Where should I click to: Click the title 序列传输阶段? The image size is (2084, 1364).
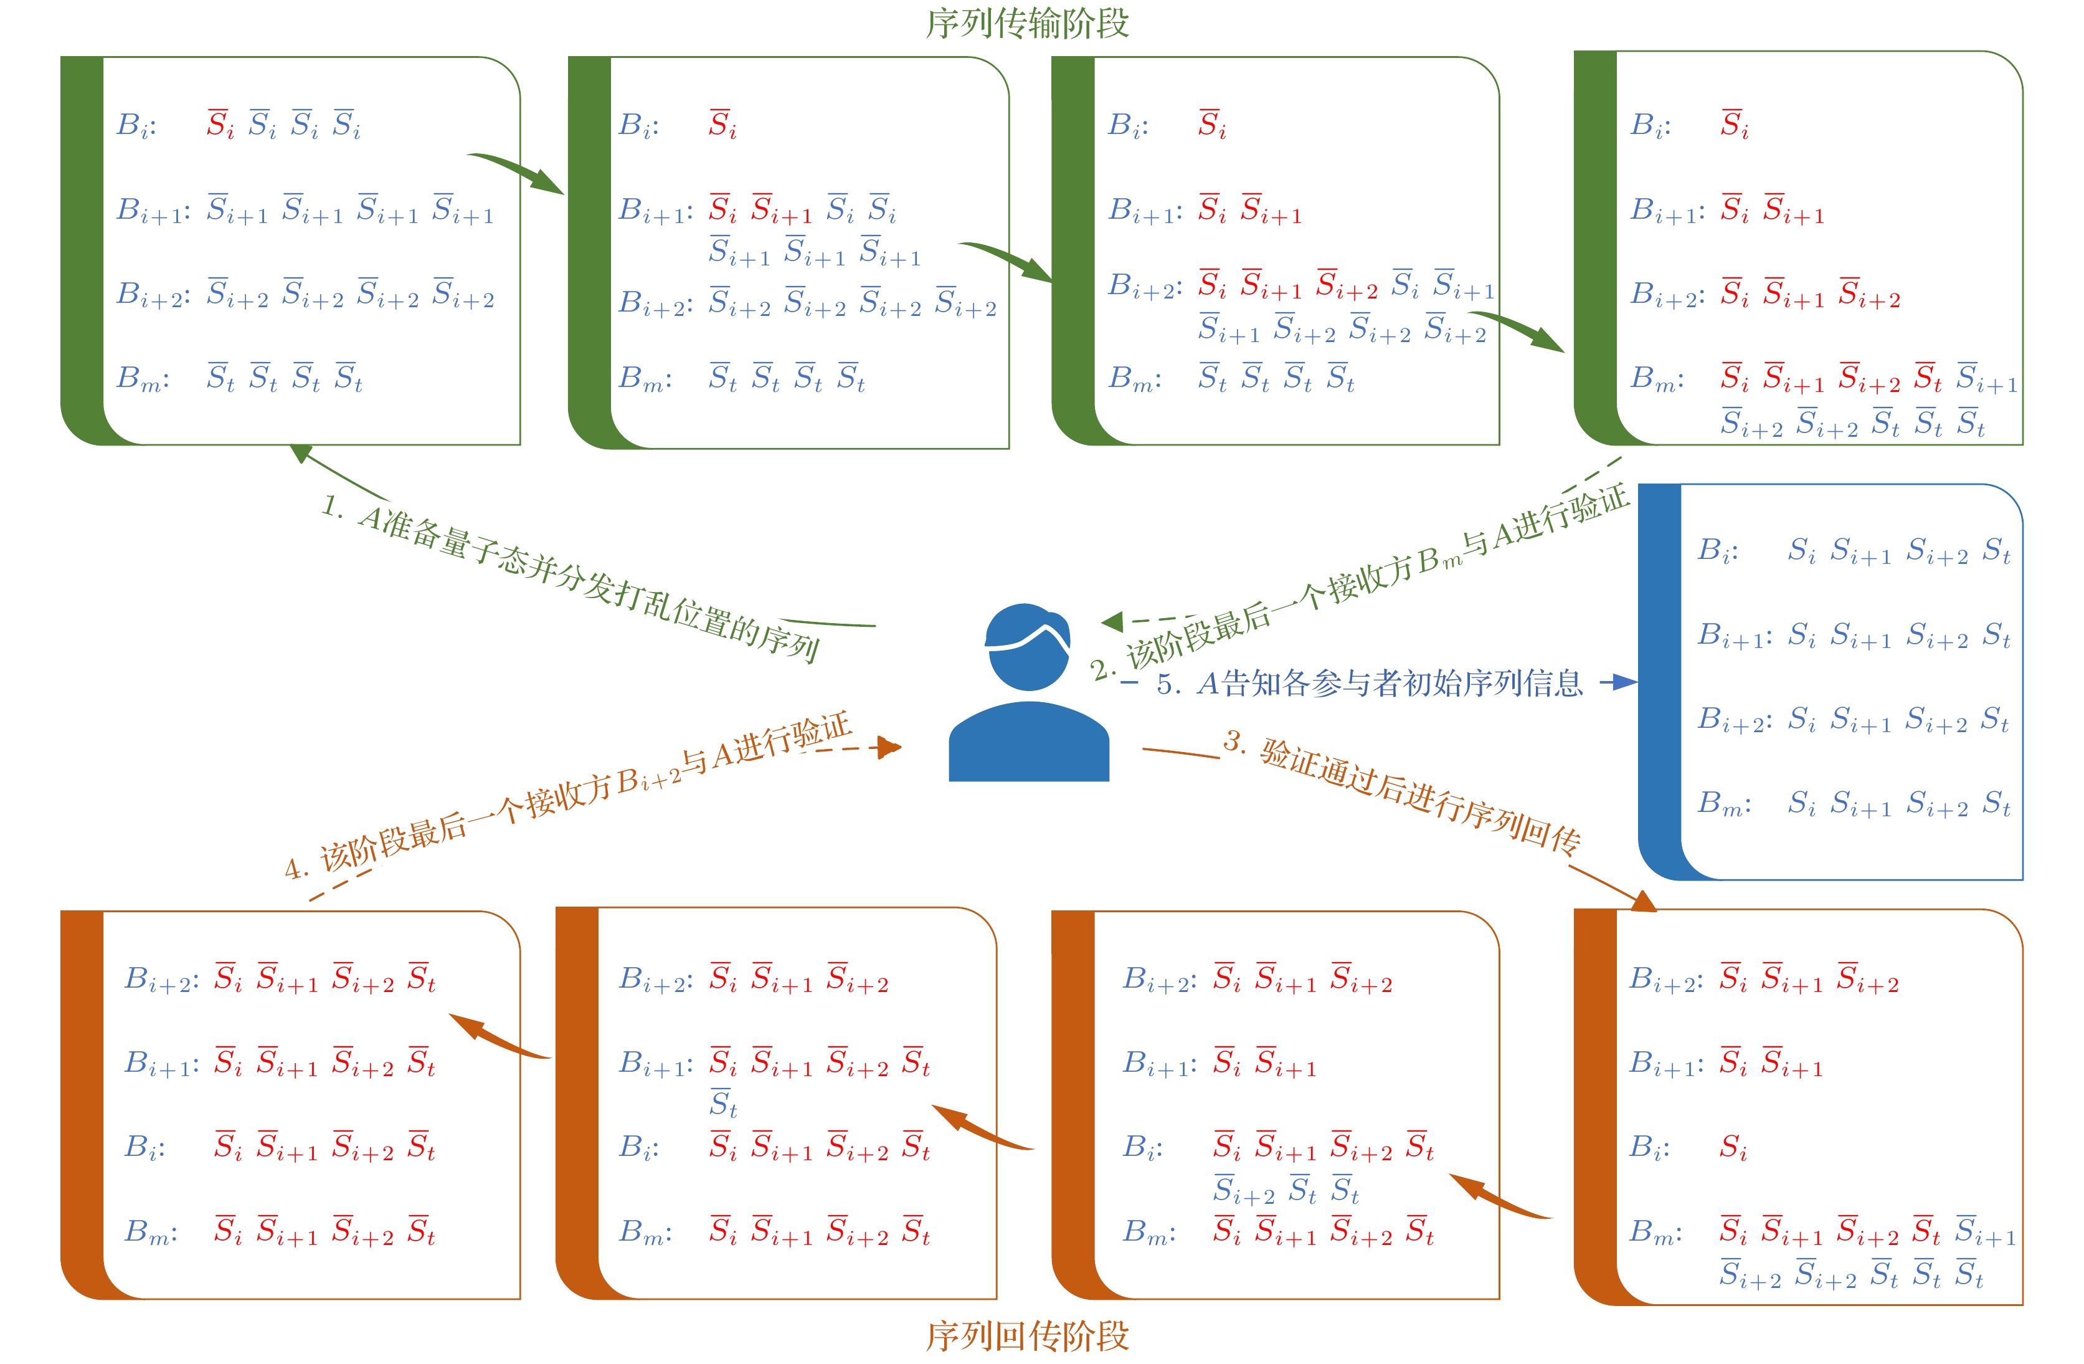(x=1027, y=23)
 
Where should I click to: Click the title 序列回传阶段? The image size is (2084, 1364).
(x=1027, y=1336)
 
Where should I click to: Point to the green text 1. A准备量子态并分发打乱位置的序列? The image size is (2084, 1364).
(x=569, y=578)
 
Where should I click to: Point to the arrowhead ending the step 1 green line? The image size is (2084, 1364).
(x=300, y=452)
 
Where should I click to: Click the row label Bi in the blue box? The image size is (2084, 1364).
(x=1717, y=551)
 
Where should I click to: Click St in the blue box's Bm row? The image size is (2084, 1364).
(x=1996, y=803)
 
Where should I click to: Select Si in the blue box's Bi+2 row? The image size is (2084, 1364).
(x=1802, y=719)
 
